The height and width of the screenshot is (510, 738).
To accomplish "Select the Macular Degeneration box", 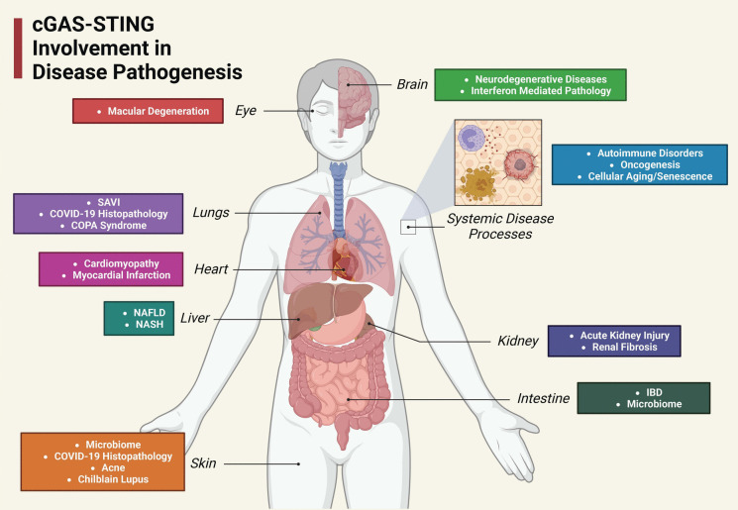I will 147,111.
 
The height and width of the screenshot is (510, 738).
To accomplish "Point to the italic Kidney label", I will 517,341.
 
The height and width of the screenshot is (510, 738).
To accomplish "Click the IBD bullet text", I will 626,391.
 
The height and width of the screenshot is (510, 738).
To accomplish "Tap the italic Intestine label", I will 543,399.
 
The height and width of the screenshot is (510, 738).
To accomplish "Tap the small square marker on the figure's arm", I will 407,227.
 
